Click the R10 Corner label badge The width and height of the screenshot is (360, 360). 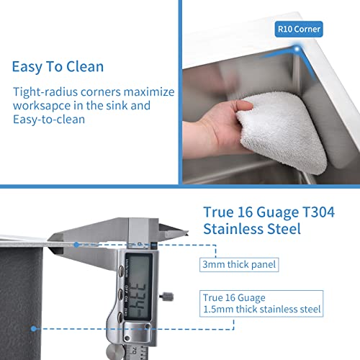(299, 29)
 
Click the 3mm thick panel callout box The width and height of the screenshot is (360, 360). (238, 264)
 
